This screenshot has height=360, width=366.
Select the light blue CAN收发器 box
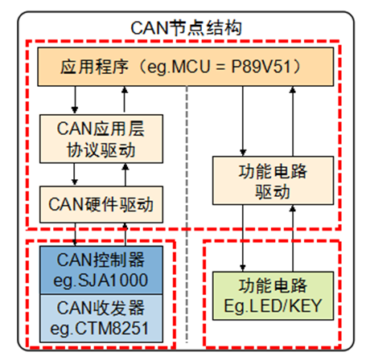click(100, 316)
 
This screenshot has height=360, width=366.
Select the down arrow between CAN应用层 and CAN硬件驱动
click(75, 173)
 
